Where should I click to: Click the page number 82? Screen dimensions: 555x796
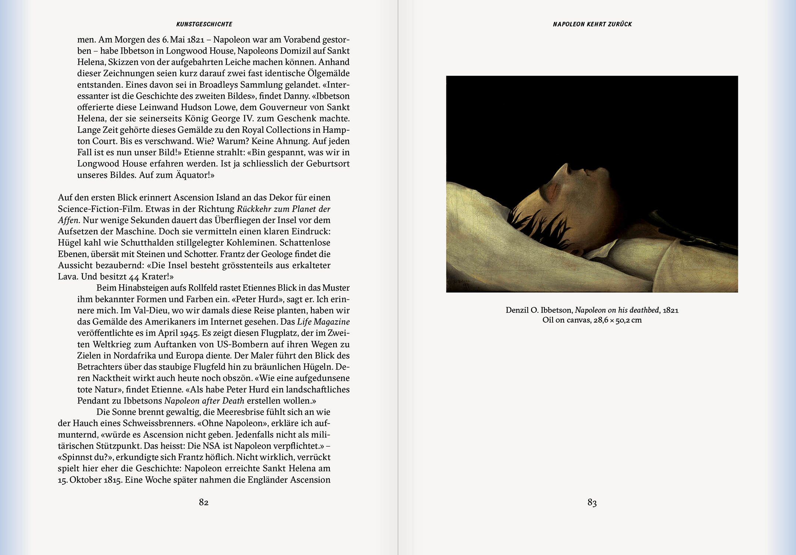point(204,502)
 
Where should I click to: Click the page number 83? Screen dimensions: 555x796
point(592,502)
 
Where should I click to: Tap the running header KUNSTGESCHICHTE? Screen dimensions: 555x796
point(204,24)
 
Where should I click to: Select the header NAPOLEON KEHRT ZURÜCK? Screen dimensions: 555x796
point(592,24)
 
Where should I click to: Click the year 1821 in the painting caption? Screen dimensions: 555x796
point(671,310)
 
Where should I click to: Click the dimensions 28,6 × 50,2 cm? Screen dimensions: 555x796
point(617,320)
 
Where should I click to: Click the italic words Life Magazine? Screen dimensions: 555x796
point(323,322)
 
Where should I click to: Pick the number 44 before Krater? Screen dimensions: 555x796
point(134,277)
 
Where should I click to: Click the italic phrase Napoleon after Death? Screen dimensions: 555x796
point(204,401)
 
